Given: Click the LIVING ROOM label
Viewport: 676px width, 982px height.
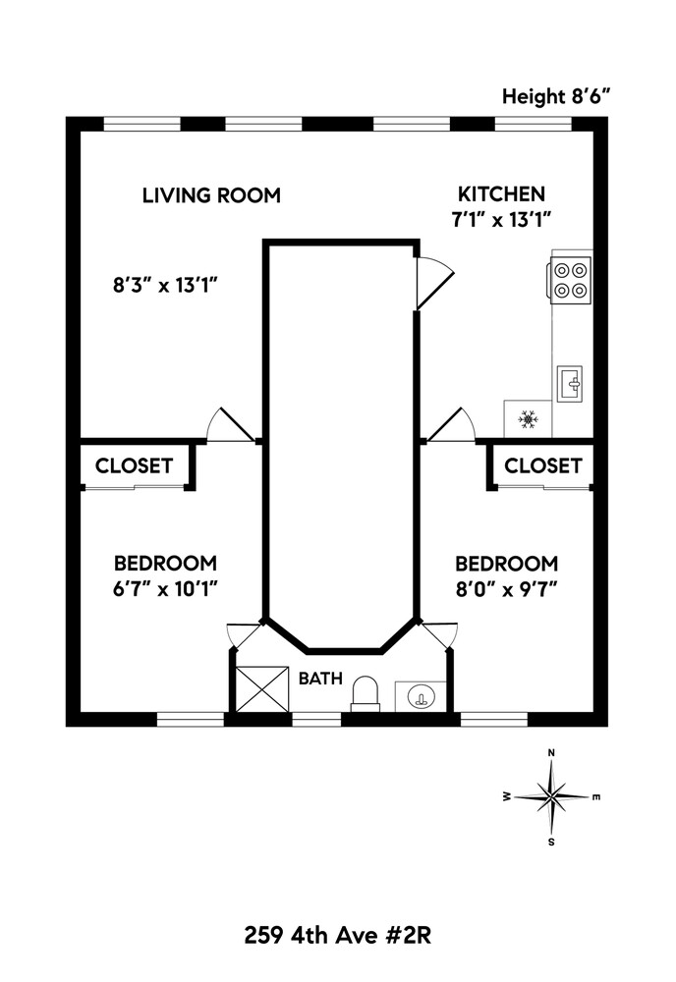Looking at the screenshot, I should [211, 195].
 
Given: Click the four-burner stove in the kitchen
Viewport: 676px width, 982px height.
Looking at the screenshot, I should [571, 279].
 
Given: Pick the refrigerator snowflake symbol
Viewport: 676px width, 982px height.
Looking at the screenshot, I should [528, 420].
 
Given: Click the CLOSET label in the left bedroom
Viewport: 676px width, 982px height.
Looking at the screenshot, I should [134, 465].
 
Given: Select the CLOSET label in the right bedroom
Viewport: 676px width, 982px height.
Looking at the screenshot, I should [542, 465].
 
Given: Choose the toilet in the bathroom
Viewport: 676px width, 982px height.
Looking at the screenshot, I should [366, 692].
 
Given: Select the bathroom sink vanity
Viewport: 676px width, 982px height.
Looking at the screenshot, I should [421, 697].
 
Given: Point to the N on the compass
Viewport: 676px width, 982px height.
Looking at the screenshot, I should [552, 753].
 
